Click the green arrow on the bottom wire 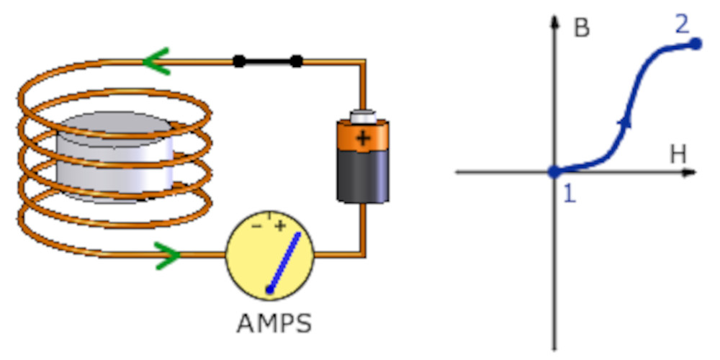[168, 253]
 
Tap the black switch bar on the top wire [267, 61]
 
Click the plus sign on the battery [364, 138]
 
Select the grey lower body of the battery [364, 176]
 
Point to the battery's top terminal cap [363, 115]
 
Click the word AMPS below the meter [274, 323]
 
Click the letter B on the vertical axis [582, 29]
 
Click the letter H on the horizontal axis [677, 153]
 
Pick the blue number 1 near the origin [569, 194]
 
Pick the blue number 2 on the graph [682, 25]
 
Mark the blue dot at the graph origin [554, 172]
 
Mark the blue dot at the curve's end [695, 44]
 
